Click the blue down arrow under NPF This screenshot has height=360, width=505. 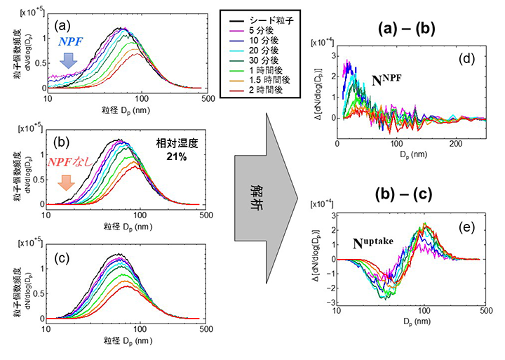tap(68, 64)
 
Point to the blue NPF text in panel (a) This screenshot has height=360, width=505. tap(69, 43)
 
